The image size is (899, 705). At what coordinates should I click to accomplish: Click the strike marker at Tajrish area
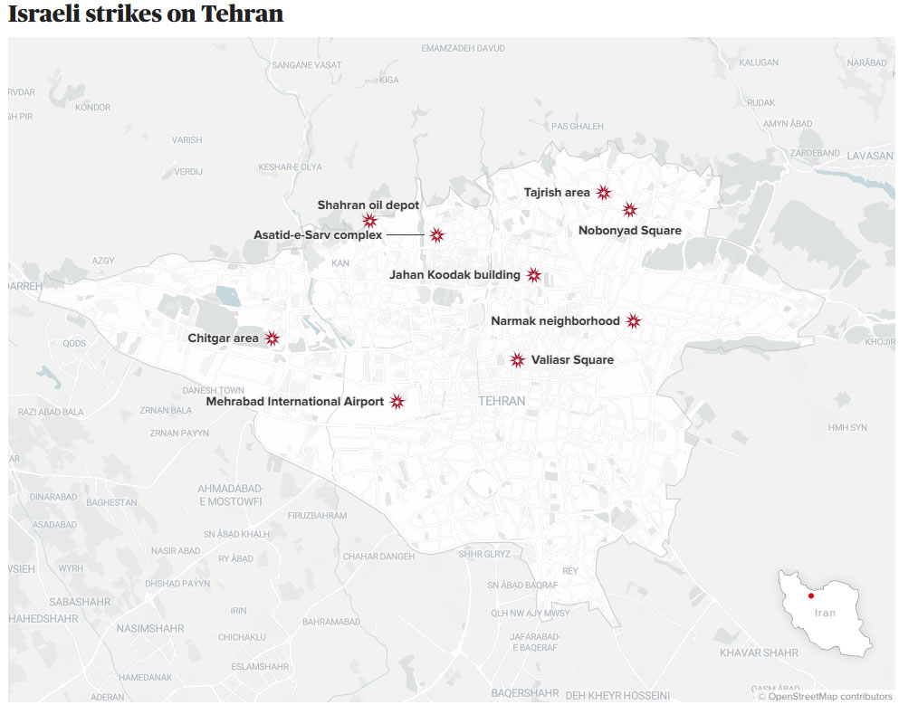tap(603, 192)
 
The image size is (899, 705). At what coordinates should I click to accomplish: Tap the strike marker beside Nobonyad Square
tap(630, 210)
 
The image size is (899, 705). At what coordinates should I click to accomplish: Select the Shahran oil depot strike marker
tap(369, 221)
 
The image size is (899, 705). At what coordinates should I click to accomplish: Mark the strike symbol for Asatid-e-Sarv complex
tap(436, 235)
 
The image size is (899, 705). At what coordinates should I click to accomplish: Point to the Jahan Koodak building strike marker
tap(533, 275)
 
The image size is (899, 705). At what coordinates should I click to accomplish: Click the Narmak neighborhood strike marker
tap(634, 321)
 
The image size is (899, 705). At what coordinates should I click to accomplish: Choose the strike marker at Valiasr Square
tap(517, 360)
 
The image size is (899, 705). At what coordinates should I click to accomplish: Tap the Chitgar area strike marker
tap(272, 338)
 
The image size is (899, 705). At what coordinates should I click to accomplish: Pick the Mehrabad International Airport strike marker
tap(397, 402)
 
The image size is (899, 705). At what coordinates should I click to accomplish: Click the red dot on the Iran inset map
tap(811, 595)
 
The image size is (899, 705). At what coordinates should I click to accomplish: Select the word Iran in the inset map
tap(825, 613)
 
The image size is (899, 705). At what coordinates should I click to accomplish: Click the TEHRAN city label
tap(502, 401)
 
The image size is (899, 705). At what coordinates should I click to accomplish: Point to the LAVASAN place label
tap(870, 156)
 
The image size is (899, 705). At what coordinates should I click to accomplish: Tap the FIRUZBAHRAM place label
tap(317, 515)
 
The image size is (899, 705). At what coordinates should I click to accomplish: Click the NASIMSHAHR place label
tap(150, 628)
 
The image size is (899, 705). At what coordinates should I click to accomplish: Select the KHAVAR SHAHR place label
tap(759, 653)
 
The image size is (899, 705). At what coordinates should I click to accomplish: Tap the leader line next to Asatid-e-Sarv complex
tap(406, 235)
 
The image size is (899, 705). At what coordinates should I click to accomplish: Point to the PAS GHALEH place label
tap(578, 127)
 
